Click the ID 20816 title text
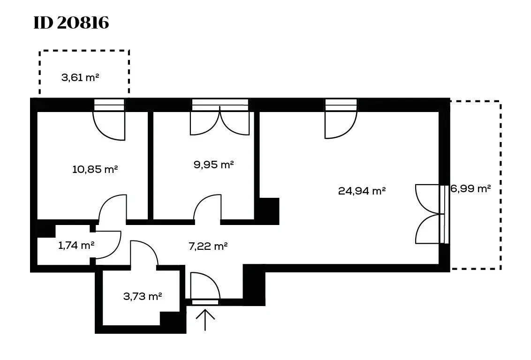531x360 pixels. click(71, 23)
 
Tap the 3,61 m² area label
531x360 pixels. click(80, 77)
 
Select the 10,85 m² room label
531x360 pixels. click(95, 169)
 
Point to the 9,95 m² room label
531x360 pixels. click(214, 165)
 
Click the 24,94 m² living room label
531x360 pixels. click(362, 191)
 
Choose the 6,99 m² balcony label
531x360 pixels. click(470, 188)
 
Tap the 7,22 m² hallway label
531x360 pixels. click(208, 246)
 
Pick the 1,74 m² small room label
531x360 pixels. click(76, 245)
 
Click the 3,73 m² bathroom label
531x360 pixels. click(143, 296)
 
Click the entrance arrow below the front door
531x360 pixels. click(205, 319)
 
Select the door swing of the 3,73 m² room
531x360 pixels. click(144, 253)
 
